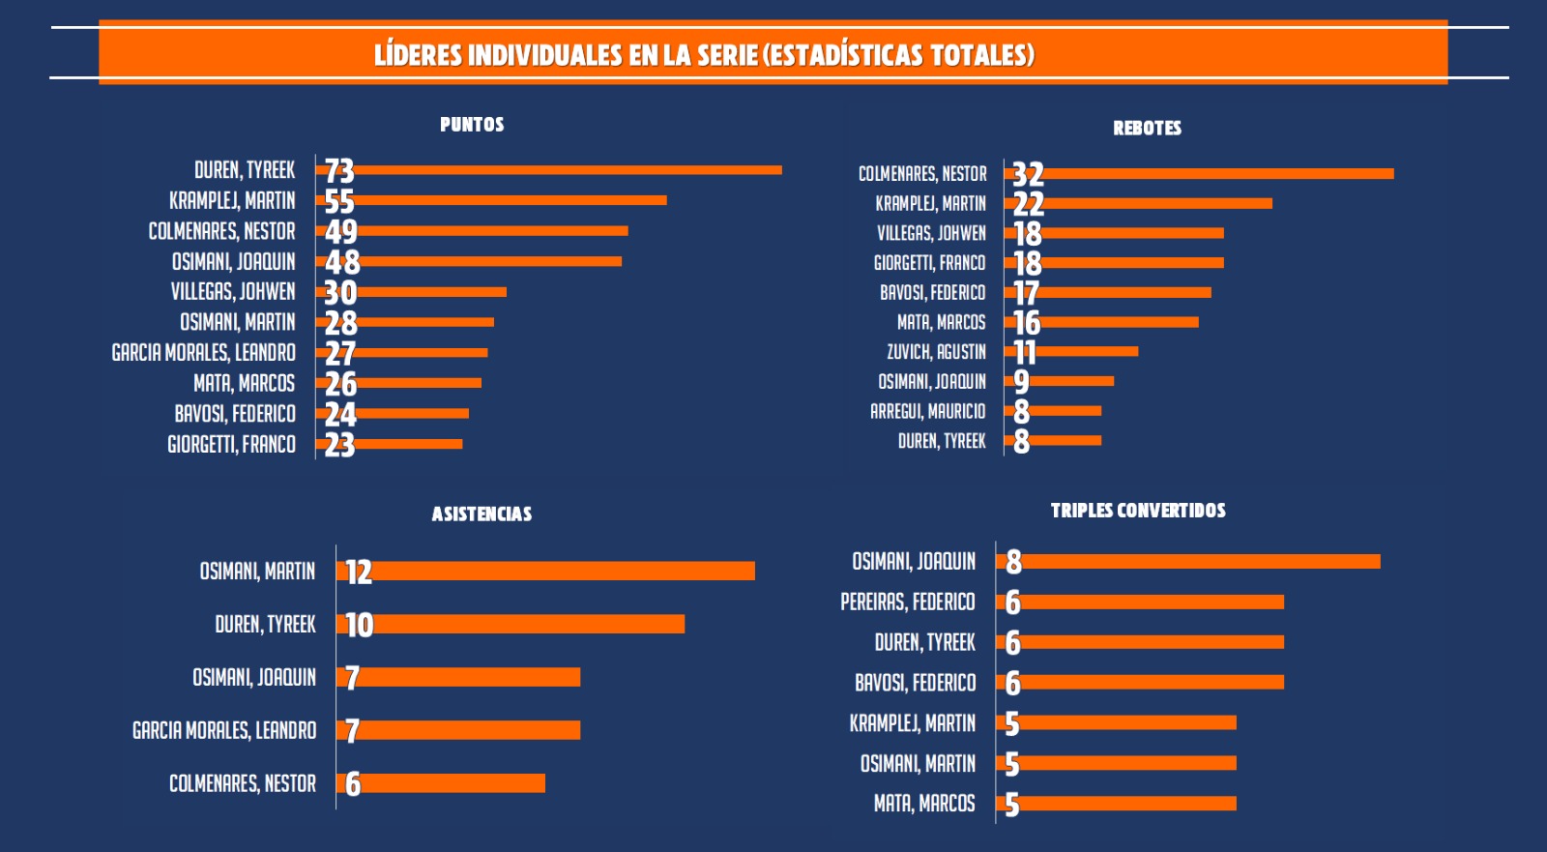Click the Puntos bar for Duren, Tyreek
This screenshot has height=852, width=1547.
(569, 170)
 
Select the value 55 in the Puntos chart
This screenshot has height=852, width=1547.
(339, 201)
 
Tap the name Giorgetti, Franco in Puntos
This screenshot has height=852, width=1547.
(231, 445)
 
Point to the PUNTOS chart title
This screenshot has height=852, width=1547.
(472, 125)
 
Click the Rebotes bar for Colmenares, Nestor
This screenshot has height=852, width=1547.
(1218, 174)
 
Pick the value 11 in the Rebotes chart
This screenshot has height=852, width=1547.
(1024, 352)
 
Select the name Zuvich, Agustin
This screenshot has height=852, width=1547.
(936, 352)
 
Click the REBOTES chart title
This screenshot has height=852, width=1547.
(1147, 128)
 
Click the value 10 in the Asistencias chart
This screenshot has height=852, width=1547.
(359, 625)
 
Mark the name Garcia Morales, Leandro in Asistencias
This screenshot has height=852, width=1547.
(224, 730)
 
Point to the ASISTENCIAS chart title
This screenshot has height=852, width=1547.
(482, 514)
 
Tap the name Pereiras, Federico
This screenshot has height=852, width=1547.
(907, 602)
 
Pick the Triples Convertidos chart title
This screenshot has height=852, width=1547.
(1138, 511)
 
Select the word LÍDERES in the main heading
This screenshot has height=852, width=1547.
(418, 55)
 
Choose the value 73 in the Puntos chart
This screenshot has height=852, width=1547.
(339, 171)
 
